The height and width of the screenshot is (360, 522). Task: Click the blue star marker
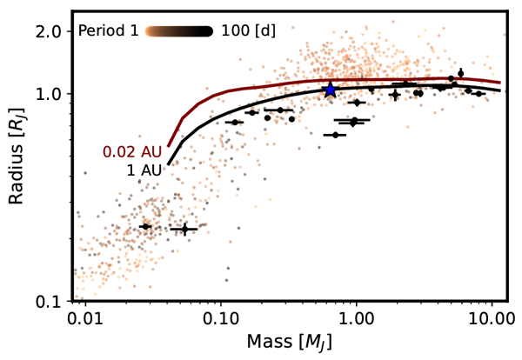click(x=330, y=90)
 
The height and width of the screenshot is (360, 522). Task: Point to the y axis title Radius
click(x=16, y=165)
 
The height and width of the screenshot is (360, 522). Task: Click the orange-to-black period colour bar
click(x=178, y=30)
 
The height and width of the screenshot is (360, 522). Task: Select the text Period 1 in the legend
click(x=108, y=30)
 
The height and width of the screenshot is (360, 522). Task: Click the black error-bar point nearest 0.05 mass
click(x=184, y=229)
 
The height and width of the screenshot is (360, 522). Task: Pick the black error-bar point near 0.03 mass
click(x=145, y=226)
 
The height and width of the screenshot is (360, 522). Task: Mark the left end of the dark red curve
click(x=169, y=145)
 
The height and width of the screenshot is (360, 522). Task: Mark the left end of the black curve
click(x=169, y=163)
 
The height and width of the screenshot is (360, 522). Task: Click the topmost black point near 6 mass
click(x=461, y=73)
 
